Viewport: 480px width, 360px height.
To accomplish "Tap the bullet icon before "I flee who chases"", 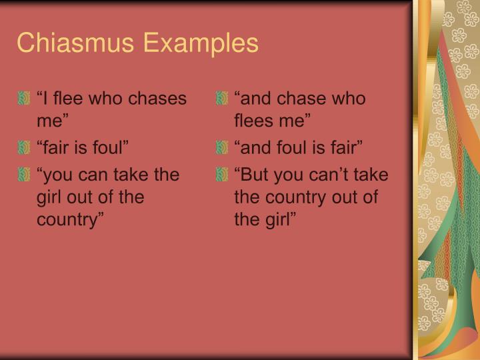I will point(25,99).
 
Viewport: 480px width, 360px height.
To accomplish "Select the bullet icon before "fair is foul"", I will point(25,147).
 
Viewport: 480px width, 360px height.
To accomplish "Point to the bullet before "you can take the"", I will point(25,175).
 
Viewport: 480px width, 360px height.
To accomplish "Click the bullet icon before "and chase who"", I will point(222,99).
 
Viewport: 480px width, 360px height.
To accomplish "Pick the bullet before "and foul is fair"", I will point(222,147).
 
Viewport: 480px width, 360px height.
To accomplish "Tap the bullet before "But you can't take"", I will point(222,175).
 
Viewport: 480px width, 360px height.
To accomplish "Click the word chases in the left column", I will point(159,99).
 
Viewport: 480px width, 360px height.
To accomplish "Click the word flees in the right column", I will point(253,122).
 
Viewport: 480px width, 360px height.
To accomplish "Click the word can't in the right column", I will point(331,175).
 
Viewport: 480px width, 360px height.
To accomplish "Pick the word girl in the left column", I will point(49,198).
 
